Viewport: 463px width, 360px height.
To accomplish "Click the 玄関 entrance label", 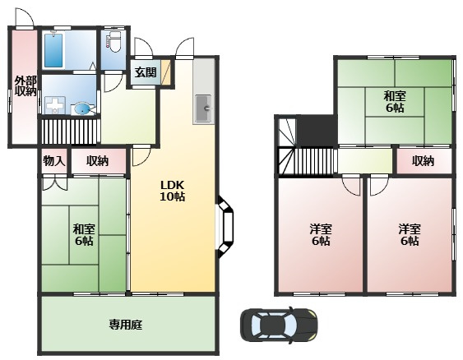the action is pyautogui.click(x=146, y=72).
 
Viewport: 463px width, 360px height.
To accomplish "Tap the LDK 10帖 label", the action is pyautogui.click(x=173, y=191).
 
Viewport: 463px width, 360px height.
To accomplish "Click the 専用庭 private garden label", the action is pyautogui.click(x=126, y=325).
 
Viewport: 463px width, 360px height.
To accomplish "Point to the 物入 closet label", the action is pyautogui.click(x=54, y=161).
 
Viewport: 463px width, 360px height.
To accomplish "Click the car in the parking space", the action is pyautogui.click(x=279, y=325).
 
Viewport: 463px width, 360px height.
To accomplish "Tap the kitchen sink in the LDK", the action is pyautogui.click(x=203, y=108).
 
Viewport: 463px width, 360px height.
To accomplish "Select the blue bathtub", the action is pyautogui.click(x=53, y=50).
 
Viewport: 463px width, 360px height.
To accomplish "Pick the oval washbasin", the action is pyautogui.click(x=83, y=108).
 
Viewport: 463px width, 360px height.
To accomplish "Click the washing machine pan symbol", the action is pyautogui.click(x=55, y=105).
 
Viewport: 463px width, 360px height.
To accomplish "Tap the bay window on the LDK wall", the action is pyautogui.click(x=226, y=227).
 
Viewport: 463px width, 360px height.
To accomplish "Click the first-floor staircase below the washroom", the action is pyautogui.click(x=70, y=132).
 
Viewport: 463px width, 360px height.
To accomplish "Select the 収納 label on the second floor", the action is pyautogui.click(x=424, y=161).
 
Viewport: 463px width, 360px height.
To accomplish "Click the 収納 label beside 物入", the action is pyautogui.click(x=97, y=161).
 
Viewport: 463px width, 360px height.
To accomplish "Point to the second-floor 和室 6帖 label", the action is pyautogui.click(x=395, y=102).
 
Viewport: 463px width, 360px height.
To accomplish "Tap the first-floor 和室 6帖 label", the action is pyautogui.click(x=84, y=235).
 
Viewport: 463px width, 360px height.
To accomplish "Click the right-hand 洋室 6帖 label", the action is pyautogui.click(x=410, y=235).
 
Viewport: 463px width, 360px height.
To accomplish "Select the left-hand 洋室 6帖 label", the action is pyautogui.click(x=321, y=235).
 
